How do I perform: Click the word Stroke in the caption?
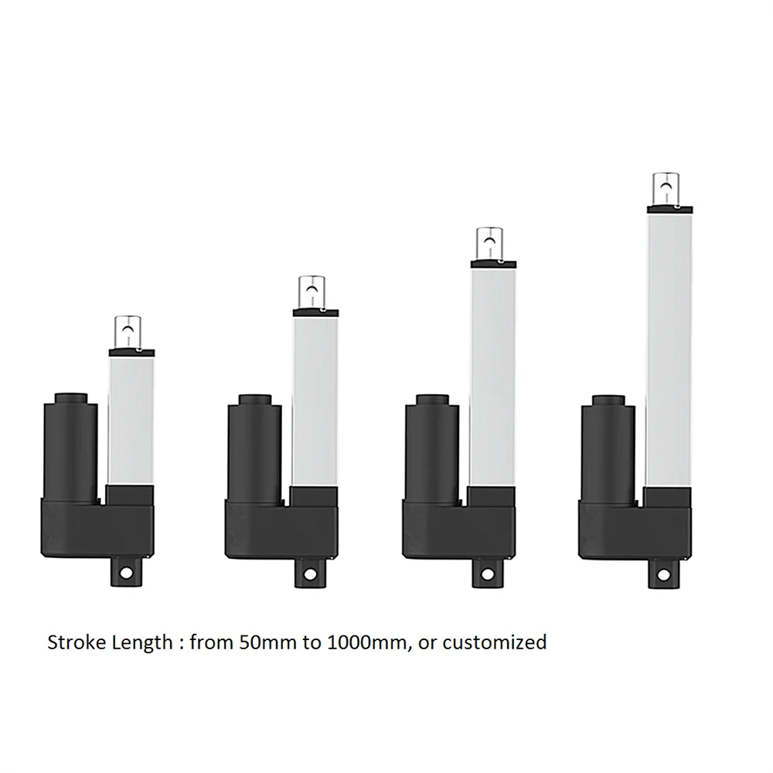pos(76,642)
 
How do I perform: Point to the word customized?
pos(495,642)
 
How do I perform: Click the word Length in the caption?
pos(142,643)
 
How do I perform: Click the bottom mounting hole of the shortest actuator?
pos(126,573)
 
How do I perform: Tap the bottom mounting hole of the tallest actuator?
pos(663,575)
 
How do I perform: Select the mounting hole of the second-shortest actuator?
pos(310,574)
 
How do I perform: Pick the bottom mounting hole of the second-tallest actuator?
pos(487,574)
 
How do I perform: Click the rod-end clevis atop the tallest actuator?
pos(666,189)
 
